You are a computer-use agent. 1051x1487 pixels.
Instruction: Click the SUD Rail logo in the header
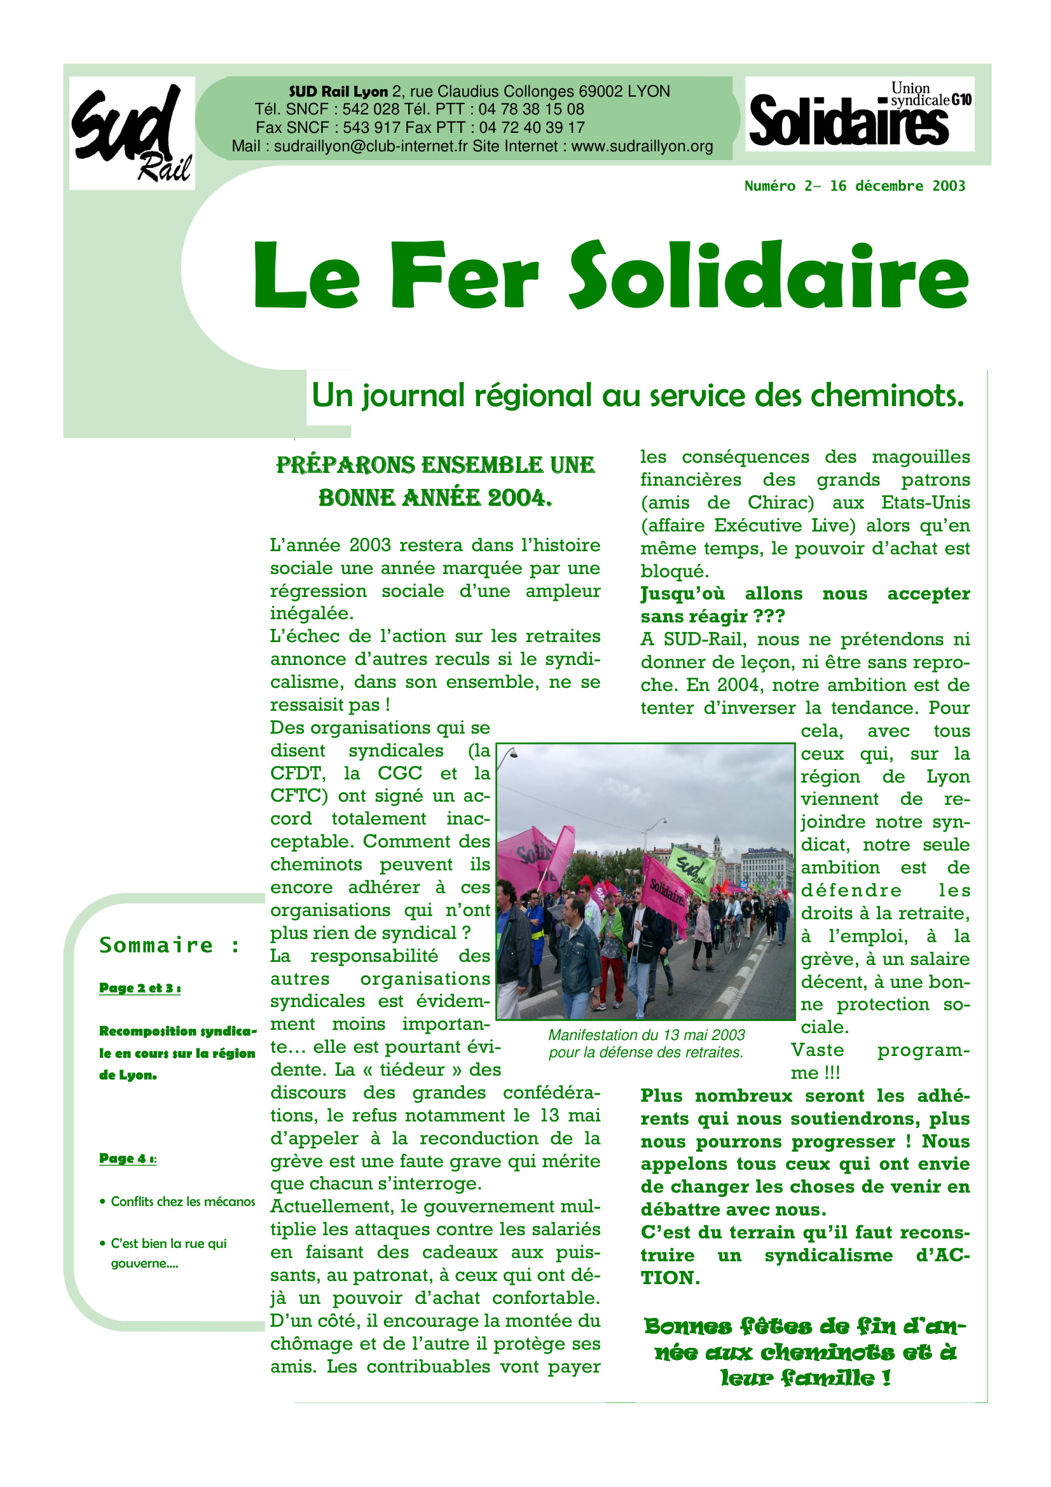[132, 133]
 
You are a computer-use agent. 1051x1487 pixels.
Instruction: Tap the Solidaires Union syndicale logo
[859, 114]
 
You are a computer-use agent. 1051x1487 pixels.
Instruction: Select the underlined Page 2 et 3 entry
[139, 988]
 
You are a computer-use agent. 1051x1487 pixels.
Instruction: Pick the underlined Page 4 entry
[128, 1158]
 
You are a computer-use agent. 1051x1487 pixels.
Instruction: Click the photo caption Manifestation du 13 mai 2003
[646, 1035]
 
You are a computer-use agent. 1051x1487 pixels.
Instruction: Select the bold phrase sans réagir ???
[712, 617]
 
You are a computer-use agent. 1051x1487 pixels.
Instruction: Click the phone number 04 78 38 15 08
[531, 109]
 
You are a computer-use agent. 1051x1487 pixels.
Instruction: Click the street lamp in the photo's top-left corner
[511, 753]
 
